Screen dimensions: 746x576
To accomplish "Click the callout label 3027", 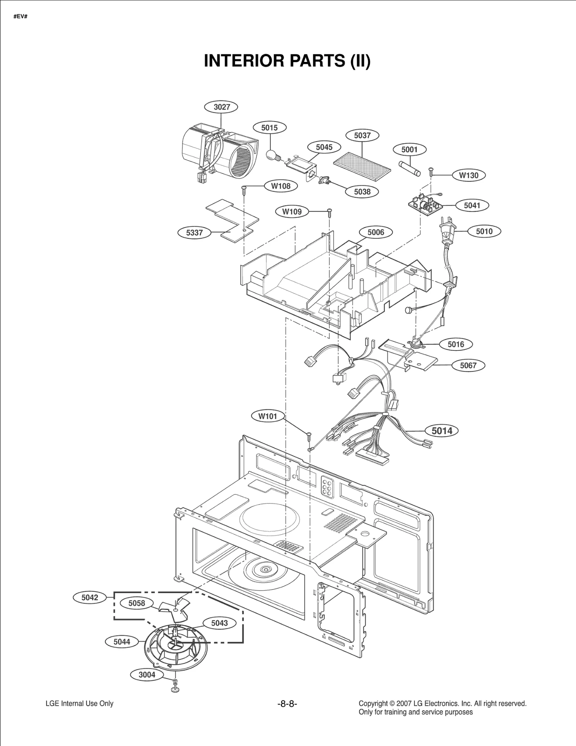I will tap(222, 107).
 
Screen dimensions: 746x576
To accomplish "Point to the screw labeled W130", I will tap(430, 172).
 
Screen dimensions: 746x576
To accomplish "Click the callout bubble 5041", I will tap(472, 205).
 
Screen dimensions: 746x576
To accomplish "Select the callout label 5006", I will tap(375, 232).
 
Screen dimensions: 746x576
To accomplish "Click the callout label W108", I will tap(280, 186).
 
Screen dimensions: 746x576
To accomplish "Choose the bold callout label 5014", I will tap(442, 430).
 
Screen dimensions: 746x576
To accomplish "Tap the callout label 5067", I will tap(468, 365).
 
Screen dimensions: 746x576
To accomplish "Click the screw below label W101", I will tap(309, 436).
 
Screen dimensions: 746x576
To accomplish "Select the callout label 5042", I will tap(90, 597).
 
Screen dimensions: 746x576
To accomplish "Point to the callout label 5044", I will tap(122, 642).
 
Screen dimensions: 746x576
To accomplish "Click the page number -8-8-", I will tap(287, 704).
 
